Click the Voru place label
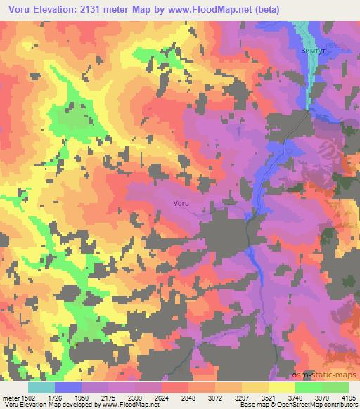[181, 204]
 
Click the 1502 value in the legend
[27, 397]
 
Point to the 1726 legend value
[56, 397]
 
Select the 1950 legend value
[82, 397]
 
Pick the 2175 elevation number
[109, 397]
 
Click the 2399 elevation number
[136, 397]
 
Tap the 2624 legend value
[162, 397]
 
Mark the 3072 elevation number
[216, 397]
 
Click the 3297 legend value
[243, 397]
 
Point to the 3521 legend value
[269, 397]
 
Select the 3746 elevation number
[296, 397]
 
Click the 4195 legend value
[349, 397]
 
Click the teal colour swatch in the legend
[41, 387]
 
